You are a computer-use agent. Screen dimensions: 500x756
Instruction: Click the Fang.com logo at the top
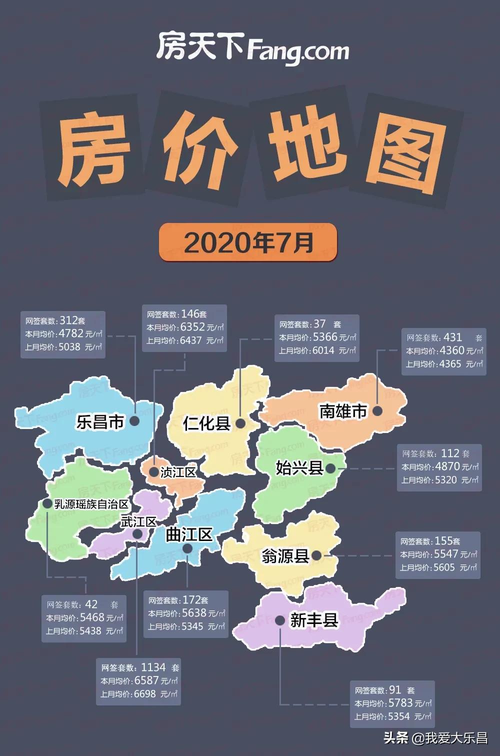(252, 48)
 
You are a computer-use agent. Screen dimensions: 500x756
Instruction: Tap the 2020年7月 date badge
(248, 242)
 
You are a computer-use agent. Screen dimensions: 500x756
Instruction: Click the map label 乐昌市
(100, 421)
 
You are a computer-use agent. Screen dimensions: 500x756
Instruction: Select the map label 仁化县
(206, 423)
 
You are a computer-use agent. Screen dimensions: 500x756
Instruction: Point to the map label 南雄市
(343, 411)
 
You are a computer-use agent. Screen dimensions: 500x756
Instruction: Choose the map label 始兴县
(299, 468)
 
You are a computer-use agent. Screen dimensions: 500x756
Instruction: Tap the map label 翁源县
(285, 555)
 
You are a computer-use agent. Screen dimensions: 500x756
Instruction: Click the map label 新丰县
(314, 620)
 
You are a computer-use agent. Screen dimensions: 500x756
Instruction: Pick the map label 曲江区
(189, 534)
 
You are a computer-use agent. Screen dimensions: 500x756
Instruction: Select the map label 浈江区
(178, 472)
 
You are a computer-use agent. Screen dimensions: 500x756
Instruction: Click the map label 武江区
(138, 521)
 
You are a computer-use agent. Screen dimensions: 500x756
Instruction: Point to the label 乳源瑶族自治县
(91, 504)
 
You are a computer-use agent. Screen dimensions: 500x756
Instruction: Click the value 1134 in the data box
(153, 667)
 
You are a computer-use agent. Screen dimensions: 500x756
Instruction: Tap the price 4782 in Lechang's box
(71, 333)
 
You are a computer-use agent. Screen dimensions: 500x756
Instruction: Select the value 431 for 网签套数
(452, 337)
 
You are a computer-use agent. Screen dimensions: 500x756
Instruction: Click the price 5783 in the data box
(400, 703)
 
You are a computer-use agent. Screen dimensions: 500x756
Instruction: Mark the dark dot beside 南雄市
(377, 411)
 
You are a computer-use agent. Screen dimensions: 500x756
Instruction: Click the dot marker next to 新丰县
(280, 620)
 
